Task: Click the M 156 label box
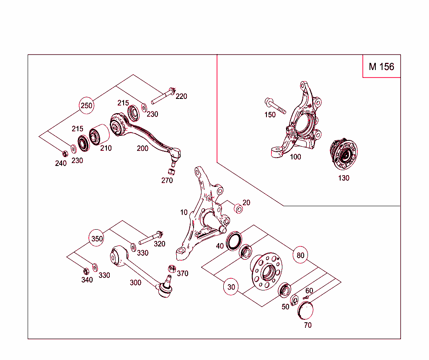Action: click(381, 66)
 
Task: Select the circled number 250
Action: click(87, 106)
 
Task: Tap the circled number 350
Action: click(97, 239)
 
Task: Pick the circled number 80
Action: click(300, 255)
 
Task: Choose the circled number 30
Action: click(231, 287)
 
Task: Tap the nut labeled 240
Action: click(65, 153)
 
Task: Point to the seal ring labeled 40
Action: click(234, 241)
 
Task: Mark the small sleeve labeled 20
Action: click(238, 208)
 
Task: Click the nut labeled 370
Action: click(171, 268)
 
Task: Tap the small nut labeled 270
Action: click(171, 171)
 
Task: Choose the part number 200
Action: click(142, 148)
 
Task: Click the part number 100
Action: click(295, 157)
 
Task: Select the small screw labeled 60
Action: click(306, 297)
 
